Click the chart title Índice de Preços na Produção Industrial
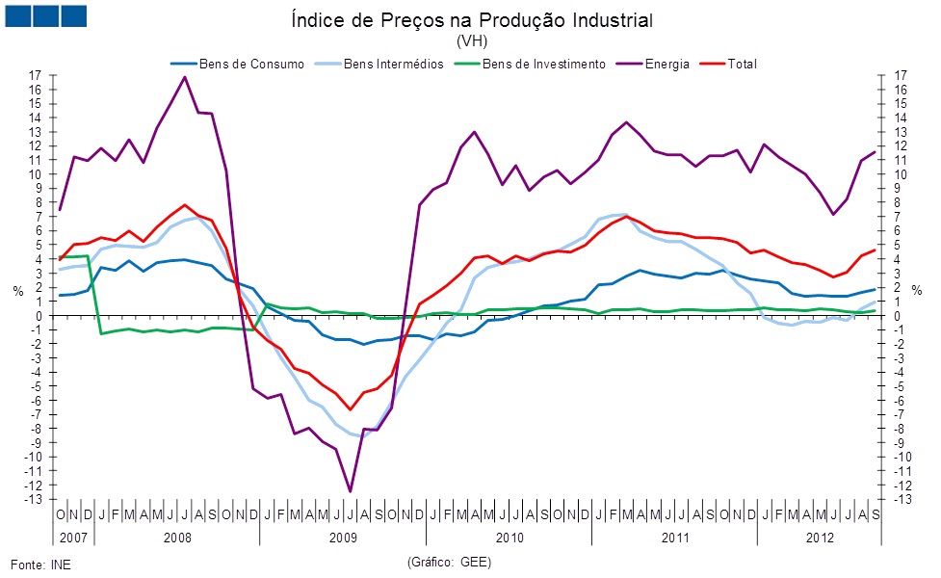pyautogui.click(x=471, y=20)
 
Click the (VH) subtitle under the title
pyautogui.click(x=471, y=41)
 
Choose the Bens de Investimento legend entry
pyautogui.click(x=543, y=65)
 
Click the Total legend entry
pyautogui.click(x=742, y=65)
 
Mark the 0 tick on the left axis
pyautogui.click(x=38, y=316)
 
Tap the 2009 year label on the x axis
pyautogui.click(x=344, y=536)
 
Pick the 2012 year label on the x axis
pyautogui.click(x=821, y=536)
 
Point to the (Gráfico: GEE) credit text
pyautogui.click(x=450, y=561)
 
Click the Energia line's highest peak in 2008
pyautogui.click(x=184, y=77)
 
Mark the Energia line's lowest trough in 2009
pyautogui.click(x=350, y=491)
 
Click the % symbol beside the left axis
pyautogui.click(x=16, y=290)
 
